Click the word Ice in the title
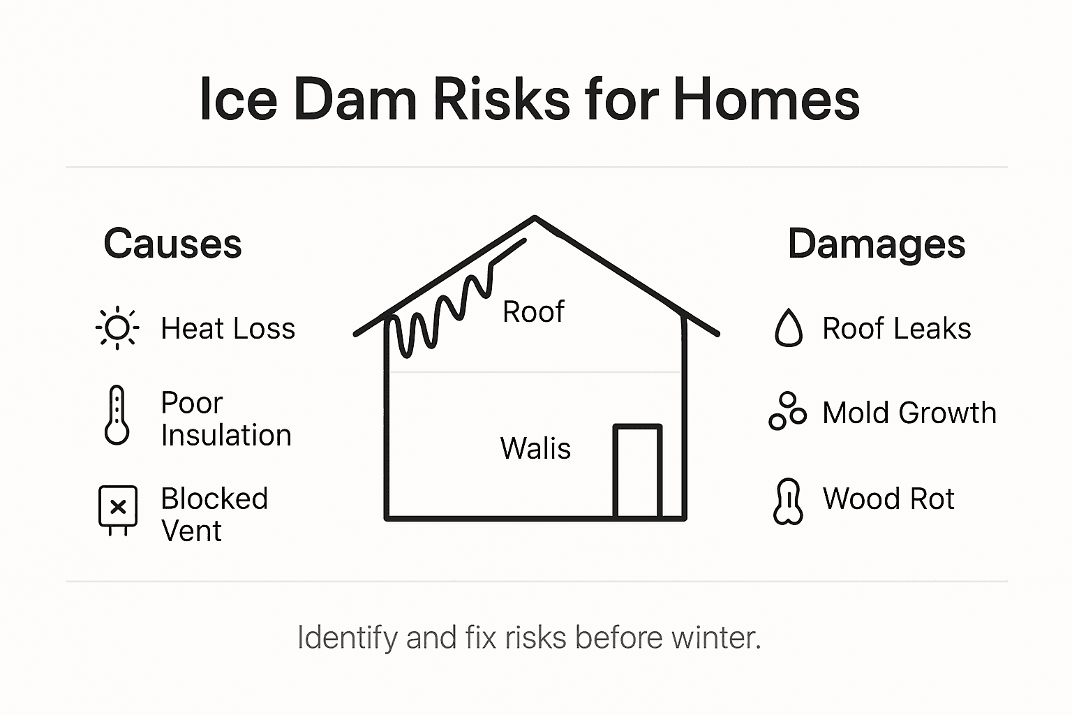pyautogui.click(x=238, y=99)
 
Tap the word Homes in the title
pyautogui.click(x=766, y=99)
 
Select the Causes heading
pyautogui.click(x=172, y=244)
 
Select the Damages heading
pyautogui.click(x=876, y=244)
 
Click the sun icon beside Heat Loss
pyautogui.click(x=117, y=328)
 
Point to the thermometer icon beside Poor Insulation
pyautogui.click(x=117, y=415)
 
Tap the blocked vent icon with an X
pyautogui.click(x=118, y=509)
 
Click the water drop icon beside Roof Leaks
pyautogui.click(x=789, y=327)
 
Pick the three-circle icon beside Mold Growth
pyautogui.click(x=787, y=411)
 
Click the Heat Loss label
pyautogui.click(x=228, y=328)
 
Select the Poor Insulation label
pyautogui.click(x=225, y=418)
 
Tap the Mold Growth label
pyautogui.click(x=909, y=413)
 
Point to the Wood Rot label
pyautogui.click(x=888, y=499)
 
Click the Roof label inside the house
pyautogui.click(x=533, y=311)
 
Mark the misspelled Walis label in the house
pyautogui.click(x=535, y=448)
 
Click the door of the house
pyautogui.click(x=636, y=472)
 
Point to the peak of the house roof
pyautogui.click(x=535, y=219)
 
